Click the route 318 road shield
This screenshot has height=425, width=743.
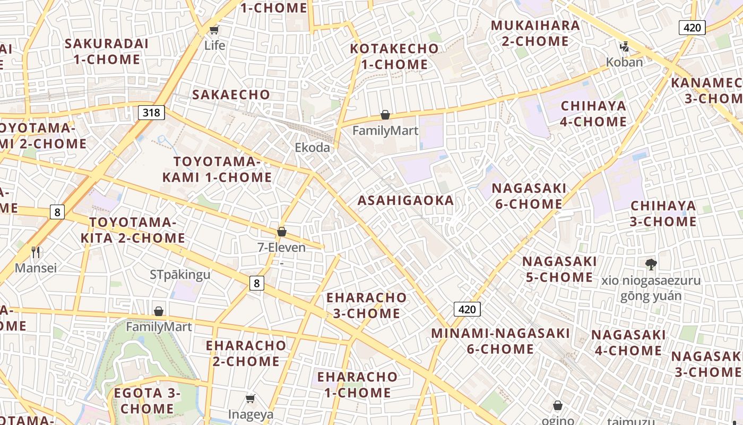[x=151, y=112]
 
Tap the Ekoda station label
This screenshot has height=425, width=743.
[x=313, y=148]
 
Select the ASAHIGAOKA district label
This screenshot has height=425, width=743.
[x=405, y=200]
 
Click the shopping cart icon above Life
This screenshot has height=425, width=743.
[x=214, y=30]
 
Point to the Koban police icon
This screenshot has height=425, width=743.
[x=624, y=47]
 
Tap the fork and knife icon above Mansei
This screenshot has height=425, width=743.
[x=36, y=252]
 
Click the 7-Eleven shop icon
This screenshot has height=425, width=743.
[x=282, y=232]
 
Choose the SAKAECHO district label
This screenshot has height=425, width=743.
[x=231, y=95]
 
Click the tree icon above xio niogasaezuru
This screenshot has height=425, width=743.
[x=651, y=264]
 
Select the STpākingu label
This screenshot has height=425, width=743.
[x=180, y=275]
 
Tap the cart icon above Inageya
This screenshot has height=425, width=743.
[x=250, y=398]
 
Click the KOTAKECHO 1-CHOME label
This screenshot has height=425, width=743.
[x=394, y=56]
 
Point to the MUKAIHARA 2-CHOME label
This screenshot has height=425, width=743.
[x=535, y=33]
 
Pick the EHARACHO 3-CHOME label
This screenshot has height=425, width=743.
[x=366, y=305]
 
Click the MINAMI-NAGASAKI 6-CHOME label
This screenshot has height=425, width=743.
[x=500, y=341]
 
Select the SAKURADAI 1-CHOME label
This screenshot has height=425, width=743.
[x=107, y=52]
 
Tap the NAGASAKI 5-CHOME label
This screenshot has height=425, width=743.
[x=559, y=269]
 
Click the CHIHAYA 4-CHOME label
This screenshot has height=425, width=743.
[x=593, y=114]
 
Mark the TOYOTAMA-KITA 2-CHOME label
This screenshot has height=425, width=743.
[x=133, y=230]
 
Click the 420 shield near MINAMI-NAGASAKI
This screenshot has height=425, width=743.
[x=467, y=309]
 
